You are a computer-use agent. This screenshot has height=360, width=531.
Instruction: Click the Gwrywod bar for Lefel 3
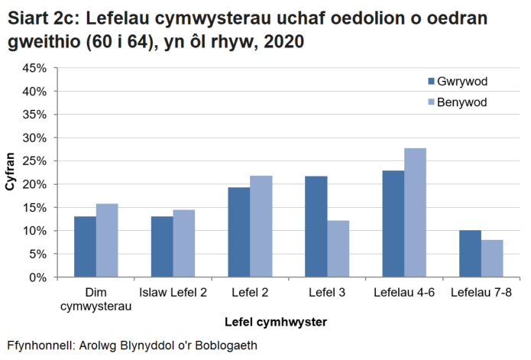pos(316,227)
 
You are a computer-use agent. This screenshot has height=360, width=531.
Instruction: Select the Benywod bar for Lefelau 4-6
pos(415,212)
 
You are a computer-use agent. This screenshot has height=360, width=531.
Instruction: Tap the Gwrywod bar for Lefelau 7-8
pos(470,254)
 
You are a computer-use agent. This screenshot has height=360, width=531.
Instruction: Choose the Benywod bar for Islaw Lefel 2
pos(184,244)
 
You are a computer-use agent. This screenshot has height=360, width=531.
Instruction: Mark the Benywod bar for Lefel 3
pos(338,249)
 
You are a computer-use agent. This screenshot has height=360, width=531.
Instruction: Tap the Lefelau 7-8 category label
pos(481,293)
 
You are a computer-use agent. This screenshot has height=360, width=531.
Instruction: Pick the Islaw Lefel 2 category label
pos(173,293)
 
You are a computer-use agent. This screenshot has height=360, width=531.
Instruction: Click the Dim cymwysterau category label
pos(96,300)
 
